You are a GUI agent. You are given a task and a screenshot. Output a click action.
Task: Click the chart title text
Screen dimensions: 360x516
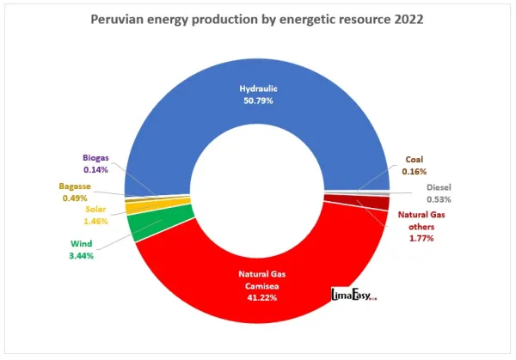[257, 19]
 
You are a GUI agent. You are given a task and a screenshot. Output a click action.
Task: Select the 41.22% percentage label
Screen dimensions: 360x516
[257, 297]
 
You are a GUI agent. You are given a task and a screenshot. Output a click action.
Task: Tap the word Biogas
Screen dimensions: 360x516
[95, 158]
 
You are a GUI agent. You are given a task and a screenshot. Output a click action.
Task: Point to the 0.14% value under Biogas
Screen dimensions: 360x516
[95, 169]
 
